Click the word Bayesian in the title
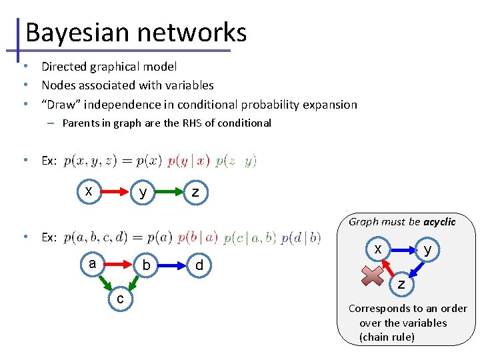pos(74,32)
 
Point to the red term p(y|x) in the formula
pos(188,161)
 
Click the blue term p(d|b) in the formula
pos(301,237)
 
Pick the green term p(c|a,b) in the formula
pos(250,237)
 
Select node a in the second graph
pos(93,263)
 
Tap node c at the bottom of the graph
pos(119,299)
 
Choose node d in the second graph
pos(199,266)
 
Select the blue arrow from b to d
pos(171,265)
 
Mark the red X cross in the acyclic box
pos(375,275)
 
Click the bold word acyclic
pos(439,221)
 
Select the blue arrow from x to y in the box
pos(402,251)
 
